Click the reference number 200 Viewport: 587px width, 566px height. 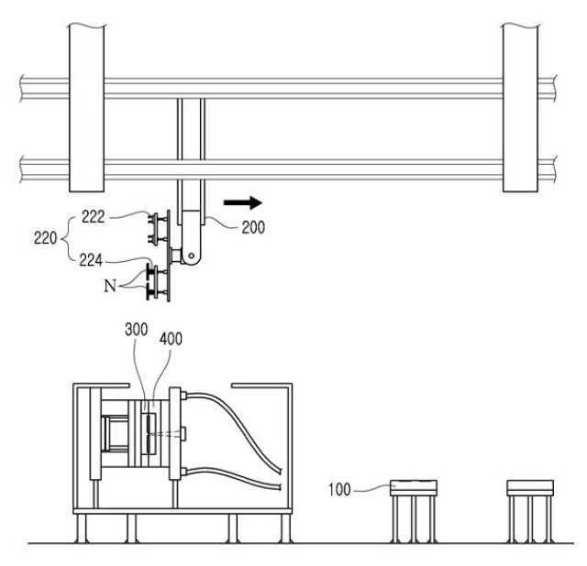point(253,227)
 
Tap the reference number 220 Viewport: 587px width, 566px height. point(45,238)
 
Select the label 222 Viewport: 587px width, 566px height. point(94,216)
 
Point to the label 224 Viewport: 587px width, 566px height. point(91,260)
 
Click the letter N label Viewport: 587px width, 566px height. point(110,286)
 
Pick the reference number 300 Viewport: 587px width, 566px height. point(137,330)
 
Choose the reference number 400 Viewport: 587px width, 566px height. point(171,339)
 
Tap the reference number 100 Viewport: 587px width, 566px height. point(339,489)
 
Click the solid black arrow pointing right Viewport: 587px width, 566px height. point(242,202)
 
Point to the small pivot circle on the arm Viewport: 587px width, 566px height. point(192,256)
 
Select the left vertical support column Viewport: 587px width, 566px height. point(86,108)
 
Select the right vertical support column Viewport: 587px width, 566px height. point(520,108)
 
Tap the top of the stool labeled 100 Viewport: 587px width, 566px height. point(414,488)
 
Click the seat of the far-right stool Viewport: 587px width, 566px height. point(530,488)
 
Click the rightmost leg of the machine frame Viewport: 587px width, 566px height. point(286,528)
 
